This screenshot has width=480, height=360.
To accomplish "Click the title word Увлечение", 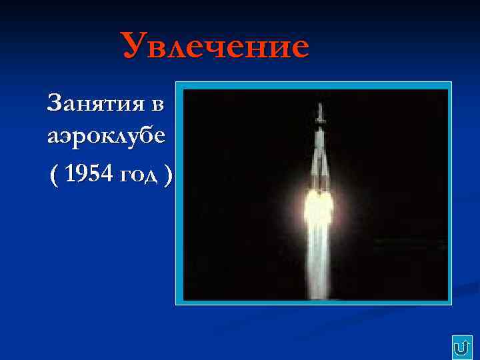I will pyautogui.click(x=215, y=47).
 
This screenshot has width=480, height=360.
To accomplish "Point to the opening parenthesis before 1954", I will pyautogui.click(x=54, y=175).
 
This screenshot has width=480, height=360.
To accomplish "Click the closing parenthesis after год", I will pyautogui.click(x=169, y=175).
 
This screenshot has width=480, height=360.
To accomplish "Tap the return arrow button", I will pyautogui.click(x=461, y=347).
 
